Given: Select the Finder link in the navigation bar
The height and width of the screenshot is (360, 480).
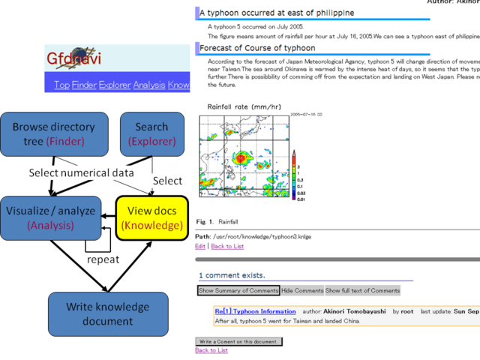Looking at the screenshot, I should point(85,85).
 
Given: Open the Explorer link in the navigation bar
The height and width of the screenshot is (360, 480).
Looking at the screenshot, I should point(115,85).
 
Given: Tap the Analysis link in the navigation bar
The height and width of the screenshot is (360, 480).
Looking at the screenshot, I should point(150,85).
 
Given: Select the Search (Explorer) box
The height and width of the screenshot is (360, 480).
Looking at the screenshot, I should point(152,134).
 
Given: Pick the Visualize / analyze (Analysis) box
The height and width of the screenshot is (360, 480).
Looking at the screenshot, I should point(51,218).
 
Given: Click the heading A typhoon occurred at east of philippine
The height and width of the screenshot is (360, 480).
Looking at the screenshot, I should point(277,13).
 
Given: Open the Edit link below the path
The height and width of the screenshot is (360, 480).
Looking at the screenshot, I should point(200,246).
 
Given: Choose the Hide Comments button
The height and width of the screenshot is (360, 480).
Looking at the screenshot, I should point(302,290).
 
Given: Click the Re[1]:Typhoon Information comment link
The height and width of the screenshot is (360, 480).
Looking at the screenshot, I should point(244,311).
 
